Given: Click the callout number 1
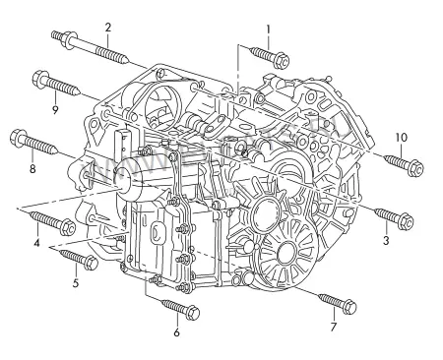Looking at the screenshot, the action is point(268,30).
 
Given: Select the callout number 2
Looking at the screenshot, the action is point(108,28).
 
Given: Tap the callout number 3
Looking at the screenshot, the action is point(386,240).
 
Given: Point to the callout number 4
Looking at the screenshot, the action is point(36,243).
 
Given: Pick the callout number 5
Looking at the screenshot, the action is point(76,282).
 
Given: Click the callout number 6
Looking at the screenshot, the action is point(176,332).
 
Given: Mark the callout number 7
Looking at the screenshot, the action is point(333,327).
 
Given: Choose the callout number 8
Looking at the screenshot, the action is point(32,169).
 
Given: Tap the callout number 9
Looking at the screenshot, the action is point(55,109).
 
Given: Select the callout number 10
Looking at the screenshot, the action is point(401,138).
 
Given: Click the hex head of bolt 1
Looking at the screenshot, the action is point(281,60).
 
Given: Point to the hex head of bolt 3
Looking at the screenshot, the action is point(405,221).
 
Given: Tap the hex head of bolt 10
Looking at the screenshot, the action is point(415,168).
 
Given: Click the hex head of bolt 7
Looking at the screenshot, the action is point(348,307).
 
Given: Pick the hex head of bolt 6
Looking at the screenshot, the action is point(192,313).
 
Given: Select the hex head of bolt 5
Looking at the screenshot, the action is point(91,264).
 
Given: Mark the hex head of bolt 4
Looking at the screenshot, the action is point(69,227).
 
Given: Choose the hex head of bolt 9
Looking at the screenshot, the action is point(41,80).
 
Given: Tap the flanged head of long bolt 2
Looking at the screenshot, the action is point(70,40).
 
